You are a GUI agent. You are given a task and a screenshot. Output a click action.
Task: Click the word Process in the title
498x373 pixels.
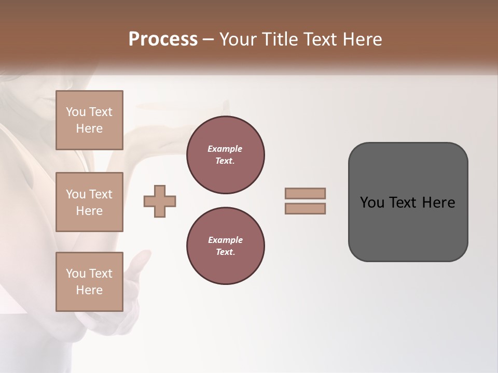(x=163, y=39)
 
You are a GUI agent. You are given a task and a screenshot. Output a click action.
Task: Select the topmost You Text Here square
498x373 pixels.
(x=89, y=120)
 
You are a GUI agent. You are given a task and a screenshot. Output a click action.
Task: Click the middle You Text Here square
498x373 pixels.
(x=89, y=202)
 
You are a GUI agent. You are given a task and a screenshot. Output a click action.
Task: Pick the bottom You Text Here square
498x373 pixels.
(x=89, y=282)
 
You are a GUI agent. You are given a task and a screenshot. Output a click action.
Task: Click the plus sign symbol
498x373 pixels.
(x=160, y=201)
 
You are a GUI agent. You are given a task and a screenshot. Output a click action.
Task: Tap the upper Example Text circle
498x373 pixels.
(x=225, y=155)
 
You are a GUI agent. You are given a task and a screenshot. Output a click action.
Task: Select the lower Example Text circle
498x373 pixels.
(x=225, y=246)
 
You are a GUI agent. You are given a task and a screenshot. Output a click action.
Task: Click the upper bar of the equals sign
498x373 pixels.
(x=305, y=193)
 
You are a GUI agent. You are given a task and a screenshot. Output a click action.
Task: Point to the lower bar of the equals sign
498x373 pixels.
(x=305, y=209)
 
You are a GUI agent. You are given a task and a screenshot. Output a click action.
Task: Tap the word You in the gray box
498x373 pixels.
(x=372, y=203)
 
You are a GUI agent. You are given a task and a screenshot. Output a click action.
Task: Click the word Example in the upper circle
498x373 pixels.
(x=225, y=149)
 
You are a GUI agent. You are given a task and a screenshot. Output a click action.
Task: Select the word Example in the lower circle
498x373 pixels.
(x=225, y=240)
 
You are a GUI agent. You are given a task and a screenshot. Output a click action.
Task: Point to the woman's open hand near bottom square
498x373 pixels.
(x=136, y=269)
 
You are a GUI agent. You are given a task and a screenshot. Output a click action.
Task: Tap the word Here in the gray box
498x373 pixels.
(x=438, y=203)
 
